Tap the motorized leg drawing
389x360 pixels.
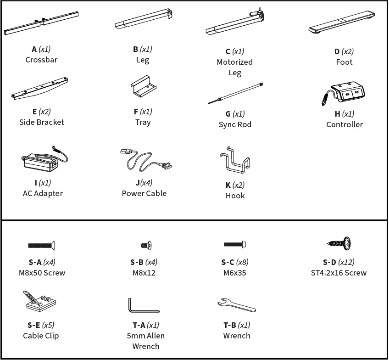tap(234, 24)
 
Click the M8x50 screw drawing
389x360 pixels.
tap(41, 246)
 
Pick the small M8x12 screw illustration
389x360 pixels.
tap(146, 246)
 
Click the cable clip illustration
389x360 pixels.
tap(39, 301)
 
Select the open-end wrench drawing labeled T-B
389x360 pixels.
tap(236, 304)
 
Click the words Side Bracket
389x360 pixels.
tap(41, 122)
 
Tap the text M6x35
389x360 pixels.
tap(235, 273)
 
